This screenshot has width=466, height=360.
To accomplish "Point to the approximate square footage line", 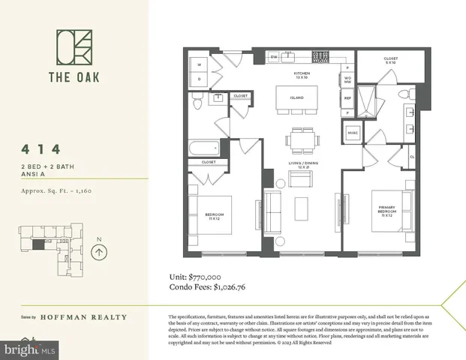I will [56, 190].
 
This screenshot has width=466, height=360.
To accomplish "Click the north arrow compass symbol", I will [97, 252].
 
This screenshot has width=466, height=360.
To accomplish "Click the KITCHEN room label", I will [302, 74].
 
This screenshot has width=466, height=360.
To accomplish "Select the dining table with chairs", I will [302, 139].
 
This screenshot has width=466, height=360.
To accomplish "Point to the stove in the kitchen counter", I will [320, 56].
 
